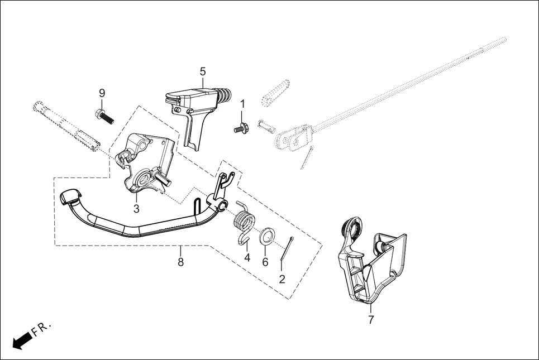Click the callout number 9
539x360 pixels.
pos(102,92)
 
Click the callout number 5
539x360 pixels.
pos(203,71)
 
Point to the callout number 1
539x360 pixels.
pos(242,104)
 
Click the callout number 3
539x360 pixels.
pos(136,209)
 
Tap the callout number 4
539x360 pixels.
pos(246,258)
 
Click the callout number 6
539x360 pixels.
pos(265,262)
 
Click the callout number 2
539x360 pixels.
pos(282,279)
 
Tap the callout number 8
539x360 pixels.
pos(180,261)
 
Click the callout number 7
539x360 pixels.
pos(371,320)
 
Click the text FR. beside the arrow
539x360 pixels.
pos(42,327)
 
